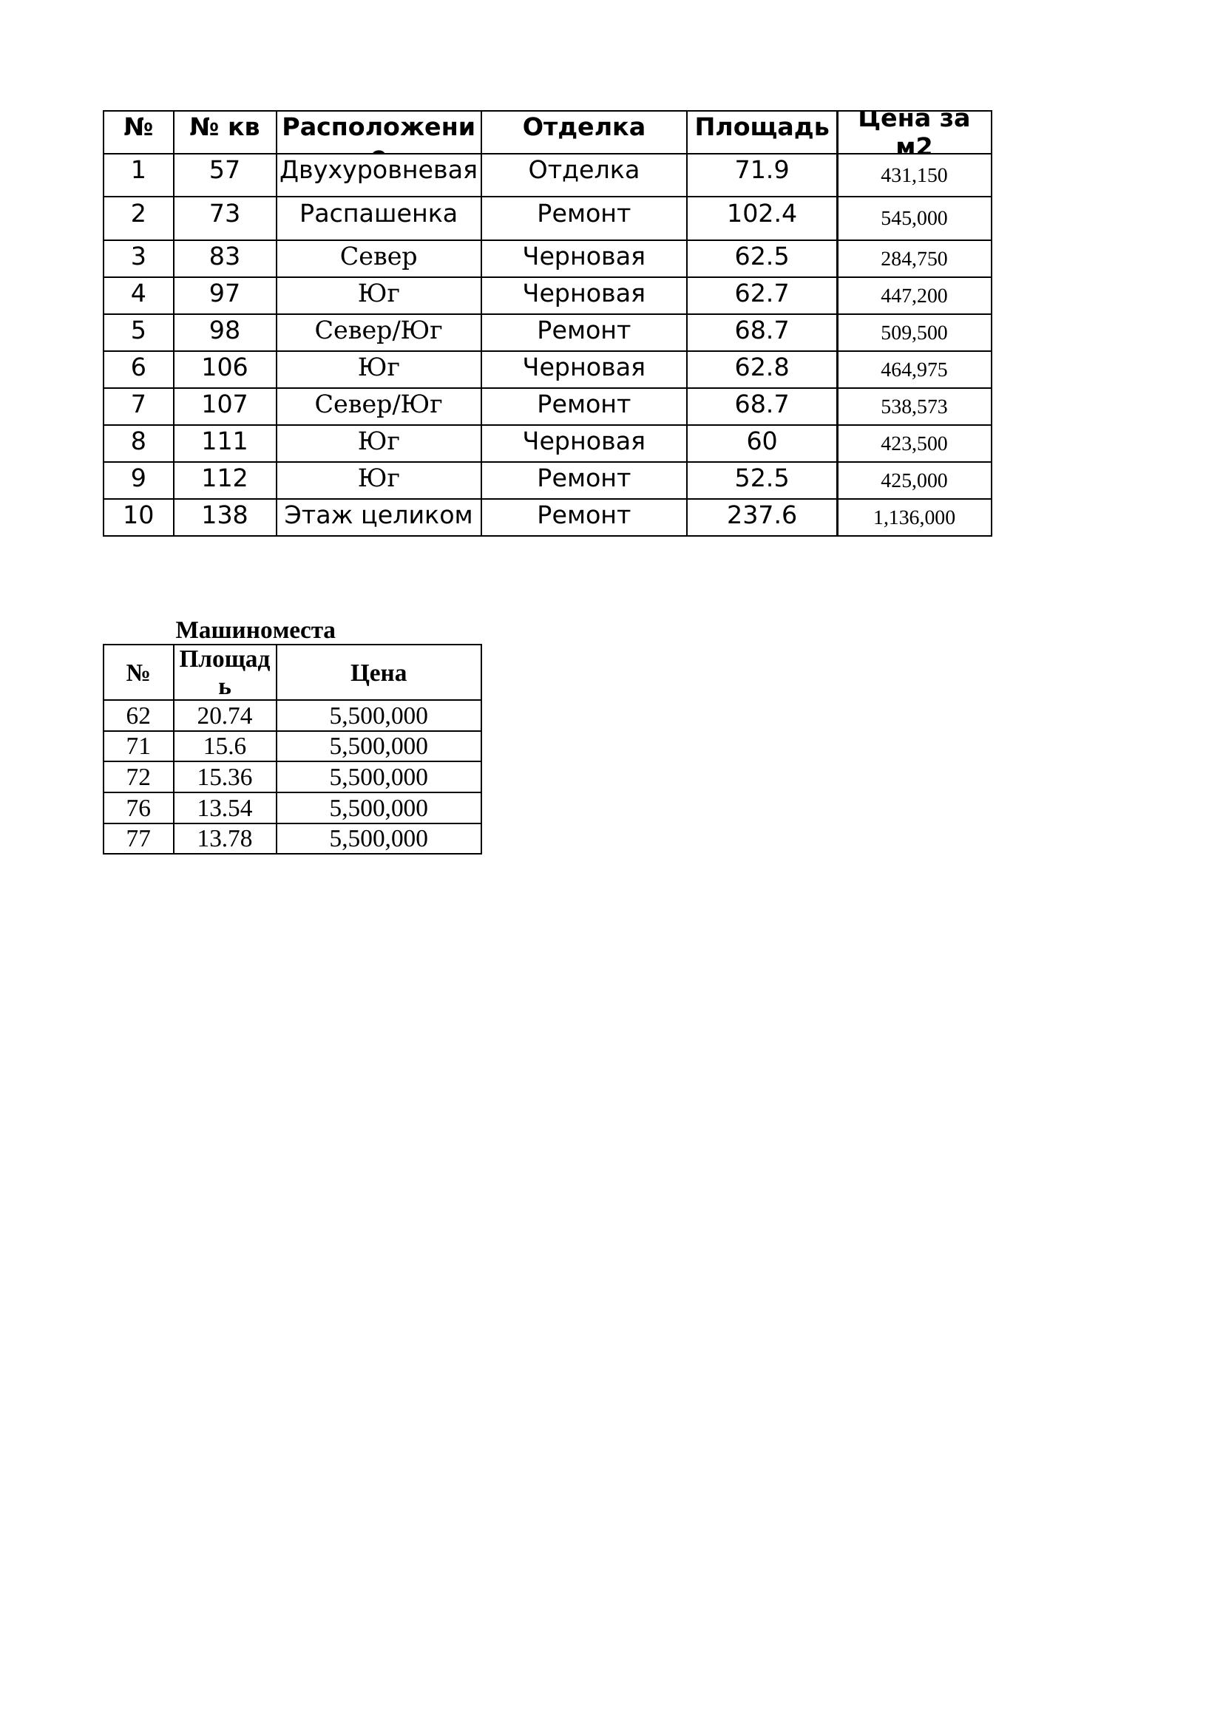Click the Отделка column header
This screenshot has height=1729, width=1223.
[583, 127]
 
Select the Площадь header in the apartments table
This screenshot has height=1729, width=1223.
[762, 127]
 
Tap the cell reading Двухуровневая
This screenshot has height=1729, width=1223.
[378, 170]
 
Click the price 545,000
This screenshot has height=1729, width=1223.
[913, 218]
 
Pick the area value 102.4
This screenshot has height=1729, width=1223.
[762, 214]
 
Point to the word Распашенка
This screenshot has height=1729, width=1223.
[378, 214]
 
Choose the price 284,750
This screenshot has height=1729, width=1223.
[913, 259]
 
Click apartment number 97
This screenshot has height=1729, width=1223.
[225, 293]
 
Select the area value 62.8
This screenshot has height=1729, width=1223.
[762, 367]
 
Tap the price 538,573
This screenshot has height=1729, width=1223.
[913, 407]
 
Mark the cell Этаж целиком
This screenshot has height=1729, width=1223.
[378, 515]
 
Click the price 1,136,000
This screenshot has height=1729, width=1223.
[913, 517]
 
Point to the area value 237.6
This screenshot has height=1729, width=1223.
[762, 515]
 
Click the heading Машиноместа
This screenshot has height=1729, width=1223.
[255, 630]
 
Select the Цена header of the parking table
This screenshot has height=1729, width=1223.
[378, 673]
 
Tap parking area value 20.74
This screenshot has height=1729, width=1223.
[225, 716]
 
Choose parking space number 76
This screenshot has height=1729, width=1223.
[138, 808]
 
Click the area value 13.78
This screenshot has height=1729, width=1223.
[225, 838]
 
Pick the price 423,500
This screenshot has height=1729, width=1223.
[913, 444]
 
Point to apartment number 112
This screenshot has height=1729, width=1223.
[225, 478]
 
